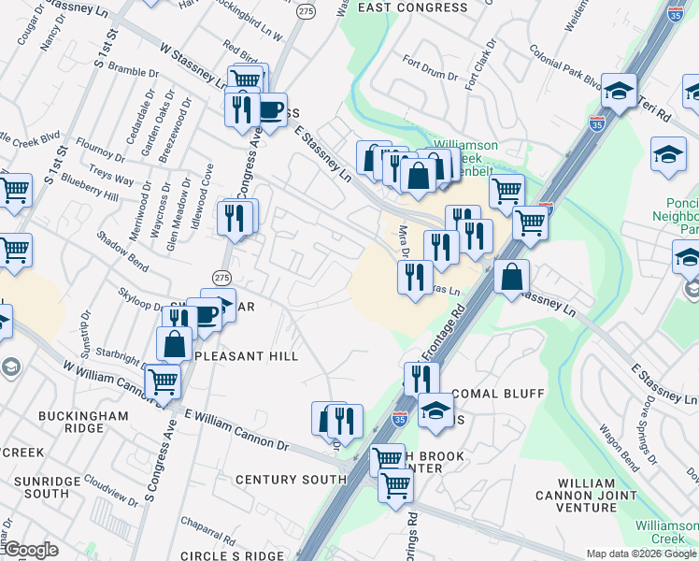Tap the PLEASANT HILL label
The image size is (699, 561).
coord(246,356)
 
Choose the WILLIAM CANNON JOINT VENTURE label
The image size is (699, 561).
coord(576,500)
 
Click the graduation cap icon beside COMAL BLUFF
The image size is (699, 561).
coord(435,411)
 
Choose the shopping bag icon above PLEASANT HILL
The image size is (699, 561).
coord(175,344)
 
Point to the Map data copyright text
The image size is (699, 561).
coord(641,554)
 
